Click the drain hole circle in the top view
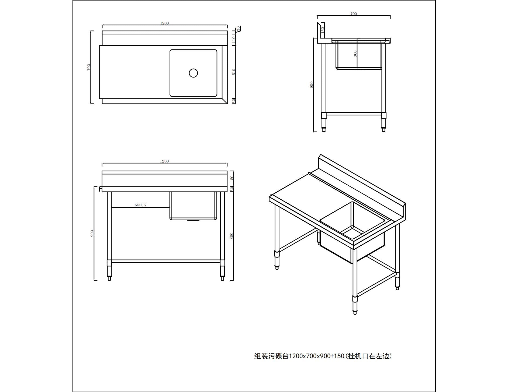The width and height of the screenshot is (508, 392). click(x=193, y=73)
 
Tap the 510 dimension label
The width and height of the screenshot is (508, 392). click(x=234, y=72)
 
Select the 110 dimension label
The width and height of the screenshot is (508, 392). click(x=234, y=40)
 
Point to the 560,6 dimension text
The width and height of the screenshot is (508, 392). click(x=140, y=205)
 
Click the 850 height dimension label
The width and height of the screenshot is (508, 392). click(x=231, y=236)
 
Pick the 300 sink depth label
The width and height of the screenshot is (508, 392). click(x=355, y=54)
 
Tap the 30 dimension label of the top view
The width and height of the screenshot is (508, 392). click(x=238, y=28)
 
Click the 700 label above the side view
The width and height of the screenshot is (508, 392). click(x=353, y=14)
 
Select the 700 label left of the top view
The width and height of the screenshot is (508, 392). click(x=89, y=67)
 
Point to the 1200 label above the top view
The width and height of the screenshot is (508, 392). click(x=164, y=23)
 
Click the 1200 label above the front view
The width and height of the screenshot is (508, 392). click(x=164, y=161)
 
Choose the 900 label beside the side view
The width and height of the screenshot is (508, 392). click(x=312, y=85)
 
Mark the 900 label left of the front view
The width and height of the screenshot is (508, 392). click(x=92, y=233)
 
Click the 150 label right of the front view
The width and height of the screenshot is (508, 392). click(x=232, y=178)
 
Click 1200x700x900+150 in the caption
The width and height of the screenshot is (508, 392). click(x=317, y=356)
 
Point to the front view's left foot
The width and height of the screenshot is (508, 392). click(x=109, y=278)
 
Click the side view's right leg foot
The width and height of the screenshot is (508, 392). click(x=383, y=129)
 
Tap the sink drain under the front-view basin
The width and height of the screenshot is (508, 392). click(x=193, y=220)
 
